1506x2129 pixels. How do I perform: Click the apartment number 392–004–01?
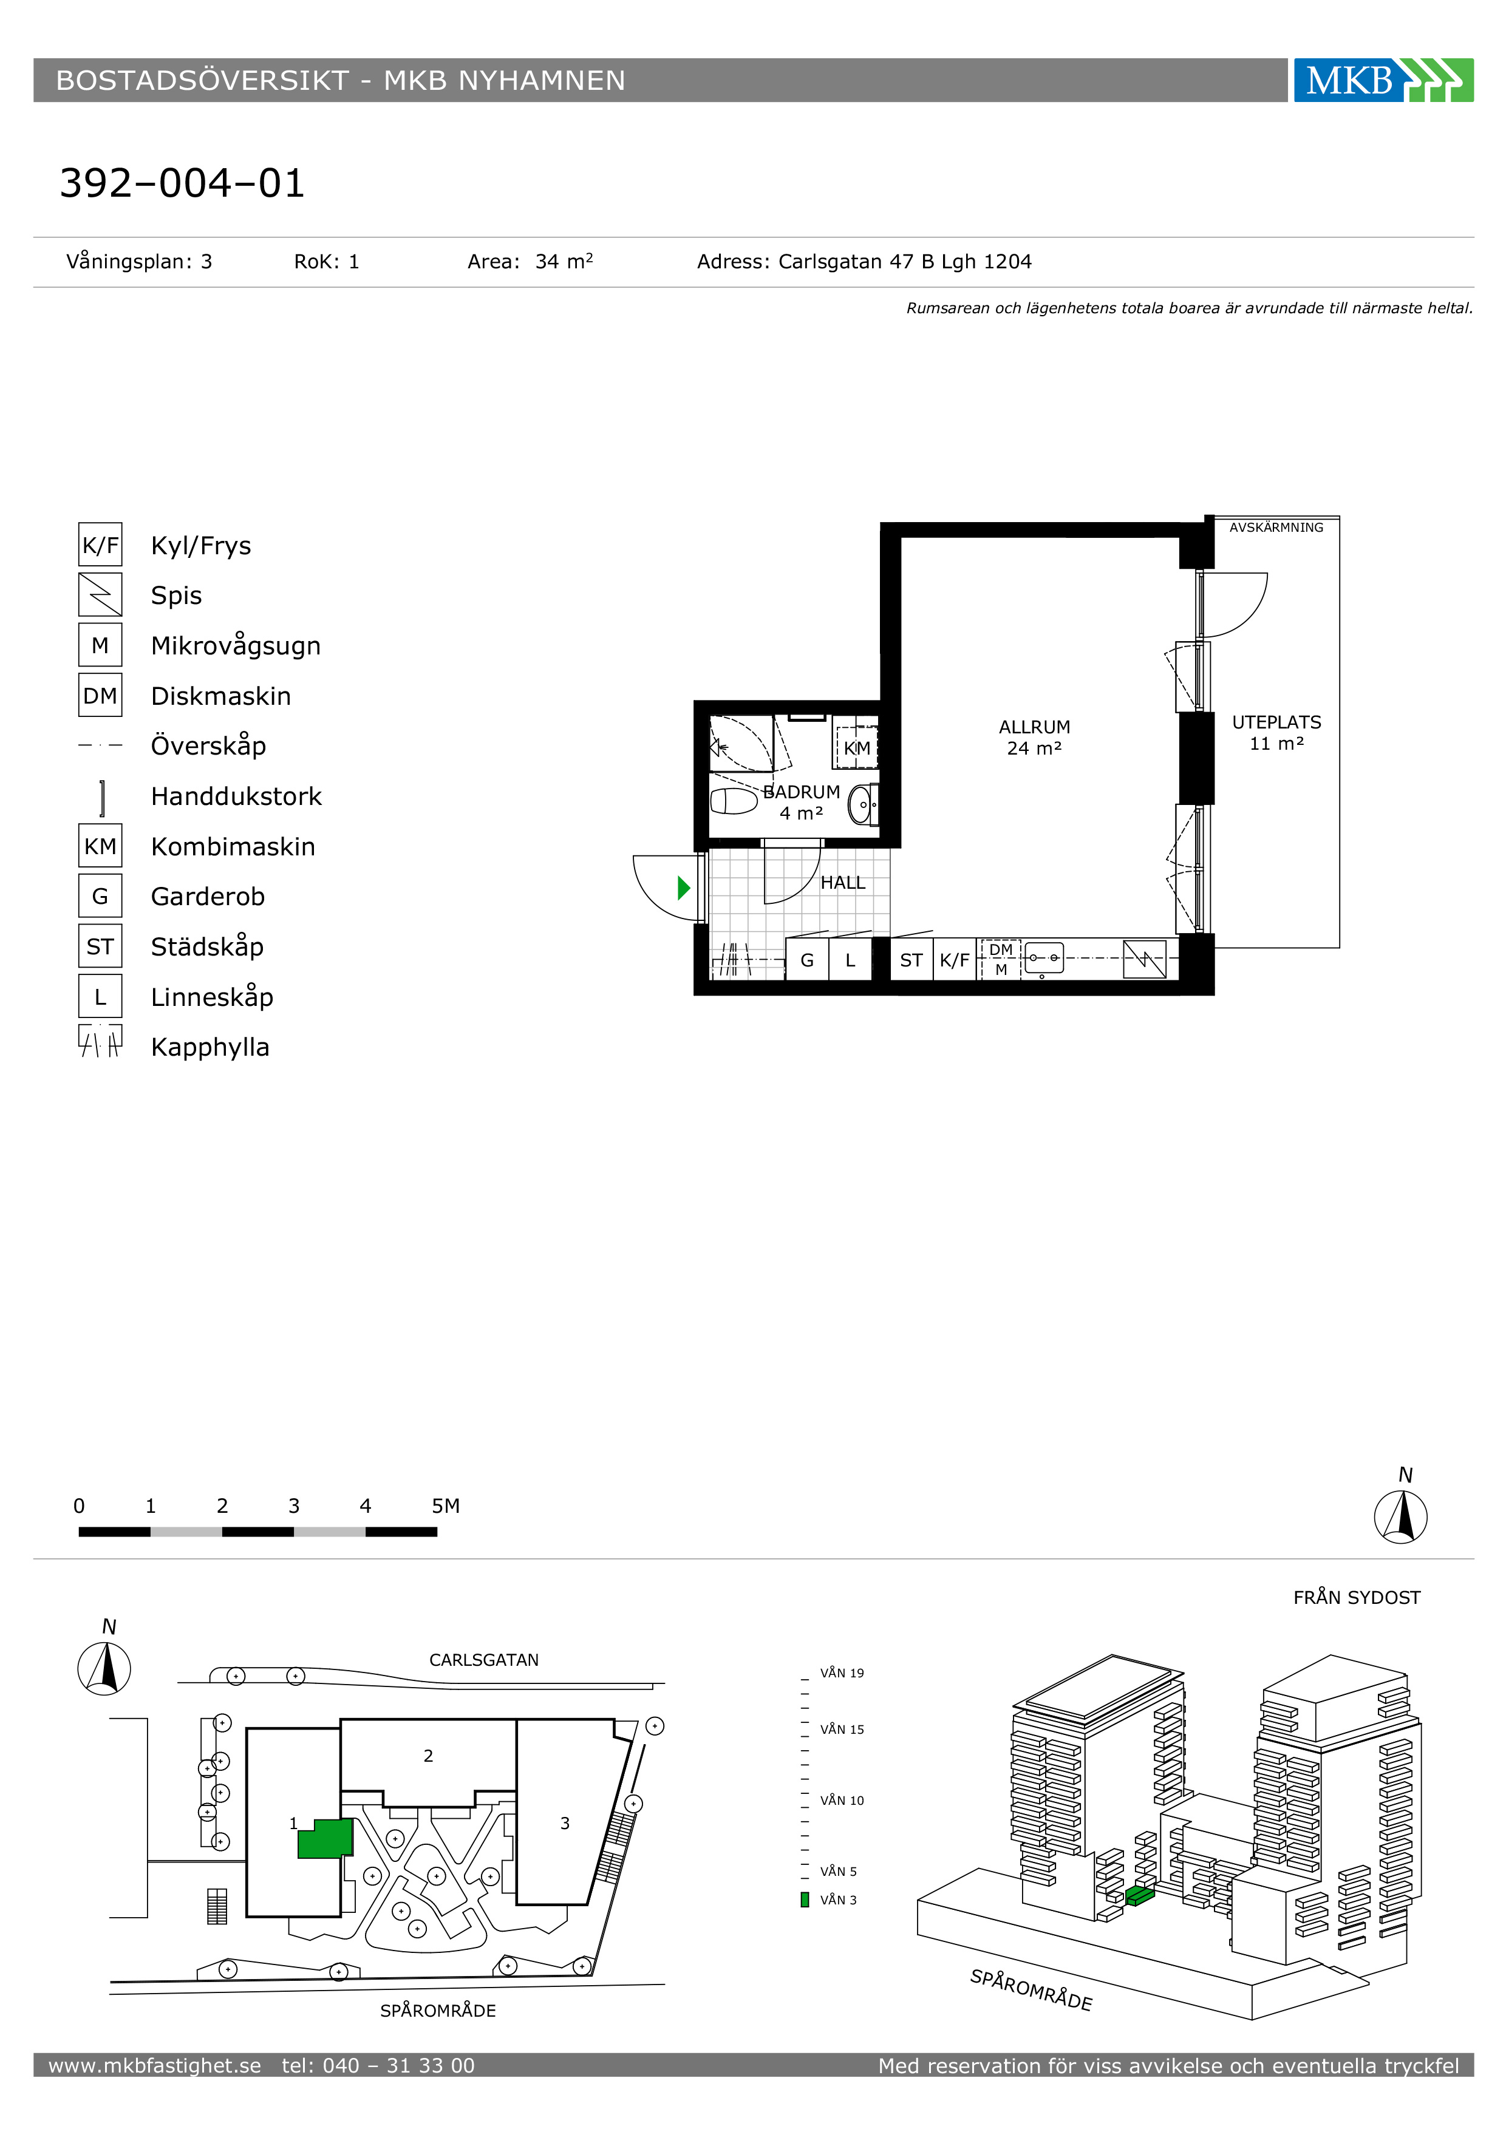pyautogui.click(x=182, y=183)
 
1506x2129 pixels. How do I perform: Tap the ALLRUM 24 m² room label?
pyautogui.click(x=1034, y=737)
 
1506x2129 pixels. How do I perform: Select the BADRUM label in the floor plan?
pyautogui.click(x=801, y=792)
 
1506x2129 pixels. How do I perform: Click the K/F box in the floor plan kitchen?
pyautogui.click(x=954, y=960)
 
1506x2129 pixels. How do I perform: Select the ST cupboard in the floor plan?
pyautogui.click(x=911, y=960)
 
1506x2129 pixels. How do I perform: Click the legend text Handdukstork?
pyautogui.click(x=236, y=796)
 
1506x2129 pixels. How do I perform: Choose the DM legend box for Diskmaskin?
pyautogui.click(x=100, y=696)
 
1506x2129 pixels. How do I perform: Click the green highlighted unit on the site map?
pyautogui.click(x=327, y=1837)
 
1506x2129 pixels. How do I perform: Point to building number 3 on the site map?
pyautogui.click(x=565, y=1823)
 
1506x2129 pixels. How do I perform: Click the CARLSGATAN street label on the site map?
pyautogui.click(x=483, y=1660)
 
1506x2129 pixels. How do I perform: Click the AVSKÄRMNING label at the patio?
pyautogui.click(x=1276, y=528)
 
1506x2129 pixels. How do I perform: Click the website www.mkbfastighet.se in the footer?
pyautogui.click(x=155, y=2065)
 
